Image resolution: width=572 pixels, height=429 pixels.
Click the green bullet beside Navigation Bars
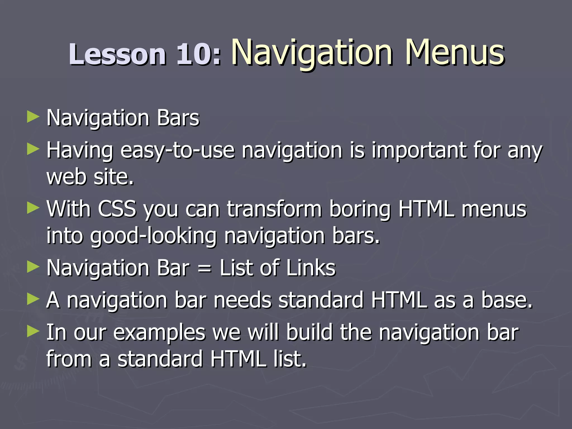[x=33, y=117]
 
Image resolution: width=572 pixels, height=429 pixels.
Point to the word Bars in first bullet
[x=178, y=118]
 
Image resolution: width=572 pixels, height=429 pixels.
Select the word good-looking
[x=153, y=236]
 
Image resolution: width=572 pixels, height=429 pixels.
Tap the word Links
[x=311, y=268]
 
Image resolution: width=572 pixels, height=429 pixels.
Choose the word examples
[x=159, y=333]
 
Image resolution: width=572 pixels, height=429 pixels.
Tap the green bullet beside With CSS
[x=33, y=209]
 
